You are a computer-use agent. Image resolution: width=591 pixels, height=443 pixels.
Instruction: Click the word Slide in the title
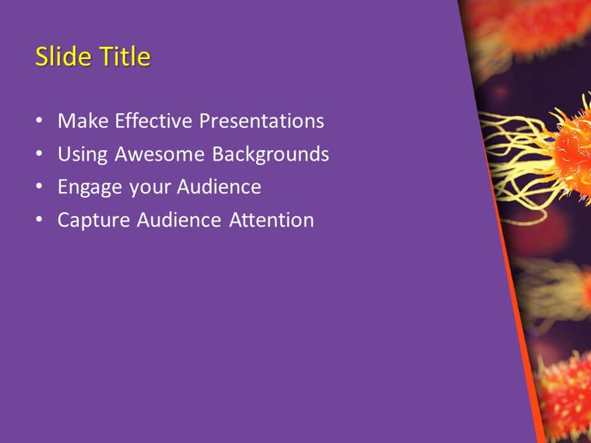click(59, 57)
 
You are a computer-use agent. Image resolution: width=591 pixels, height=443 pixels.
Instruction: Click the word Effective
click(152, 121)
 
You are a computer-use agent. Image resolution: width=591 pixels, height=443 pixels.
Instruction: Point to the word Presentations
click(262, 121)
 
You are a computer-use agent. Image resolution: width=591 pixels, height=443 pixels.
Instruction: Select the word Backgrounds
click(270, 154)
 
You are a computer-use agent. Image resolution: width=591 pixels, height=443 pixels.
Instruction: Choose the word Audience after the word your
click(219, 187)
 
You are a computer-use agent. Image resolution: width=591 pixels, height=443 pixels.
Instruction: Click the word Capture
click(94, 220)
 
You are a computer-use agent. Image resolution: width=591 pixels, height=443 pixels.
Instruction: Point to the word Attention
click(271, 220)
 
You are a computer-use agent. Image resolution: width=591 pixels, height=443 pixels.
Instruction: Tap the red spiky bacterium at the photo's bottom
click(566, 394)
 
